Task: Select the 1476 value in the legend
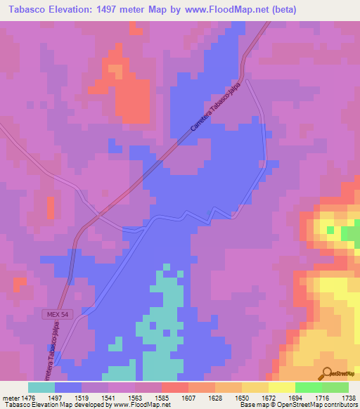pyautogui.click(x=27, y=397)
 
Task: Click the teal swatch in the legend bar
pyautogui.click(x=41, y=387)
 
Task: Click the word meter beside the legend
pyautogui.click(x=10, y=397)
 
